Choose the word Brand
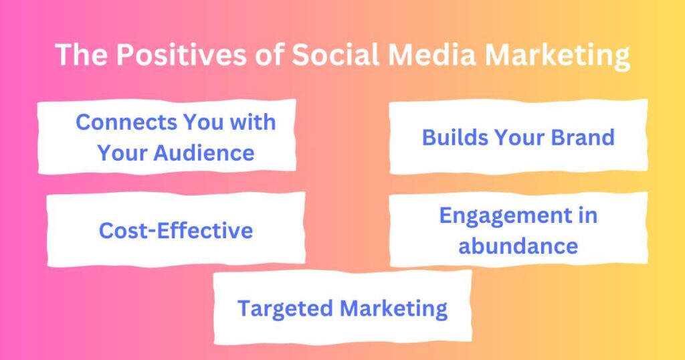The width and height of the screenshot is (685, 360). coord(582,137)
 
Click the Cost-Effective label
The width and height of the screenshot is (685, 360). coord(176,231)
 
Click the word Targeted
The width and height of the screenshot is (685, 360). coord(286,308)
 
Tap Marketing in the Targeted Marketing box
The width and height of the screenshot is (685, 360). coord(393,308)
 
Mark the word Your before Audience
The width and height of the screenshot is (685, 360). coord(122,153)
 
